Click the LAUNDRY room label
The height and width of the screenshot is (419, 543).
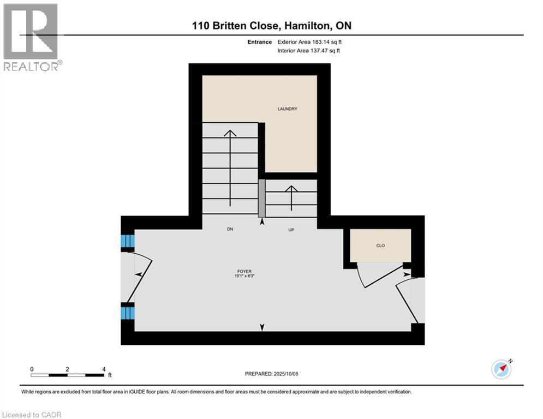[x=287, y=109]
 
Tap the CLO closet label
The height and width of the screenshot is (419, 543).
[x=380, y=246]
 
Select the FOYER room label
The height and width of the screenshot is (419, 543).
[x=243, y=271]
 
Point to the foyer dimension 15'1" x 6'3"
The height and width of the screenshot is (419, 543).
[x=243, y=276]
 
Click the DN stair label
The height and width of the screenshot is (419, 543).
[x=230, y=230]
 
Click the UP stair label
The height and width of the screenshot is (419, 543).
[x=291, y=230]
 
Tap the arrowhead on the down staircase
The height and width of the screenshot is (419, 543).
[x=230, y=133]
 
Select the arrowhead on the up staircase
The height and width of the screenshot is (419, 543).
[x=291, y=189]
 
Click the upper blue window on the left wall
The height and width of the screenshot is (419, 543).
[x=127, y=241]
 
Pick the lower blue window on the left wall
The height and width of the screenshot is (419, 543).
[x=127, y=313]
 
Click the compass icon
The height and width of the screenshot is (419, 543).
[x=501, y=369]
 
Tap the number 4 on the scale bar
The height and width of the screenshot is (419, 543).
[x=103, y=369]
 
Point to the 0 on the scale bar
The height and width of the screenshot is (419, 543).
[x=32, y=369]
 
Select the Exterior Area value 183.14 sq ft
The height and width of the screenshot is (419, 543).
[x=327, y=42]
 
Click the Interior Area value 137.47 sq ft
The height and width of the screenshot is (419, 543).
[x=327, y=51]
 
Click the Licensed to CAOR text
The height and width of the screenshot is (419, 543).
[x=32, y=415]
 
